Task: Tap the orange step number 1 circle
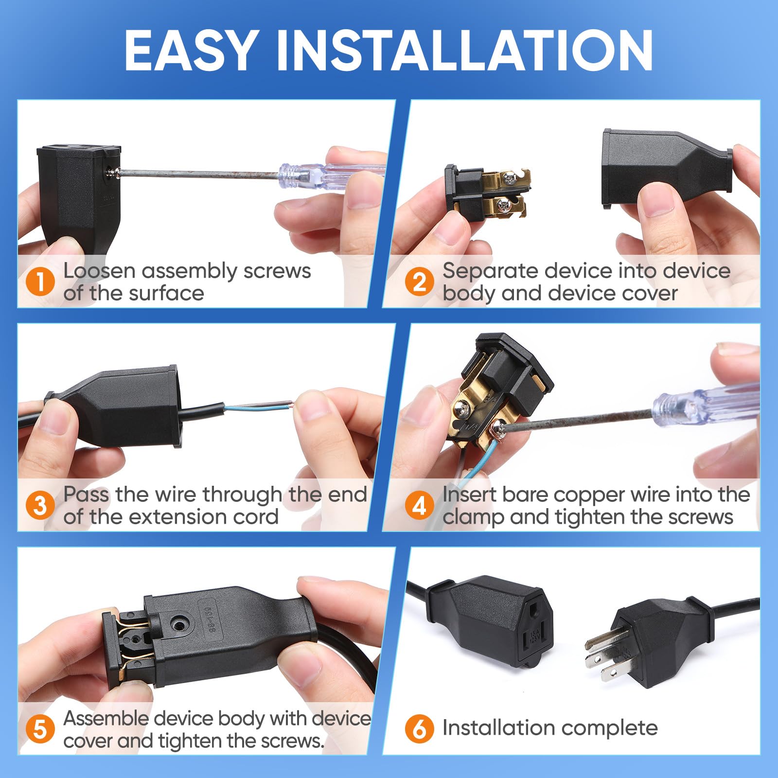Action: tap(40, 283)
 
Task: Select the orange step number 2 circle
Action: tap(419, 282)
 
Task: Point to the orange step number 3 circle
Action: tap(40, 505)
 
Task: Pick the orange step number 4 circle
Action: tap(419, 505)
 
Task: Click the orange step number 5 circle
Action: tap(40, 729)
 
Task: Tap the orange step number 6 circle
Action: tap(419, 729)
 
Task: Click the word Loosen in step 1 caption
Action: tap(99, 271)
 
